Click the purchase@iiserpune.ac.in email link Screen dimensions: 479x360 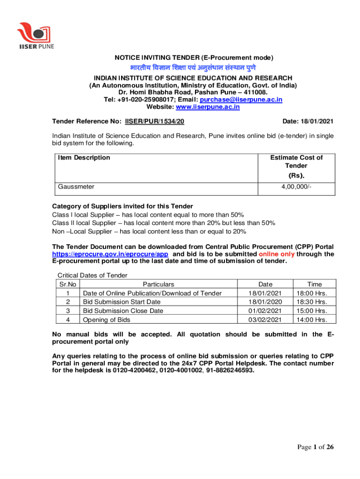tap(241, 100)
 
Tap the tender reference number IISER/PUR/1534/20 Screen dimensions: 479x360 tap(154, 121)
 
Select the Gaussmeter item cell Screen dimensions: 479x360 tap(76, 186)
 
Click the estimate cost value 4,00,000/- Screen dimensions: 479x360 tap(296, 186)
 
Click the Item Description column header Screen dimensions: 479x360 tap(84, 158)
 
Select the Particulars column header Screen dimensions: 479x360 tap(158, 284)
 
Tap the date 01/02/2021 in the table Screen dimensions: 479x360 tap(265, 311)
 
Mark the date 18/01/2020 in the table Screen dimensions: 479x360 tap(265, 302)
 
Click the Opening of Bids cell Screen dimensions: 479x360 tap(107, 319)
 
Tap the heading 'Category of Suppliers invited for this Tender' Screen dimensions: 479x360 tap(122, 206)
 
